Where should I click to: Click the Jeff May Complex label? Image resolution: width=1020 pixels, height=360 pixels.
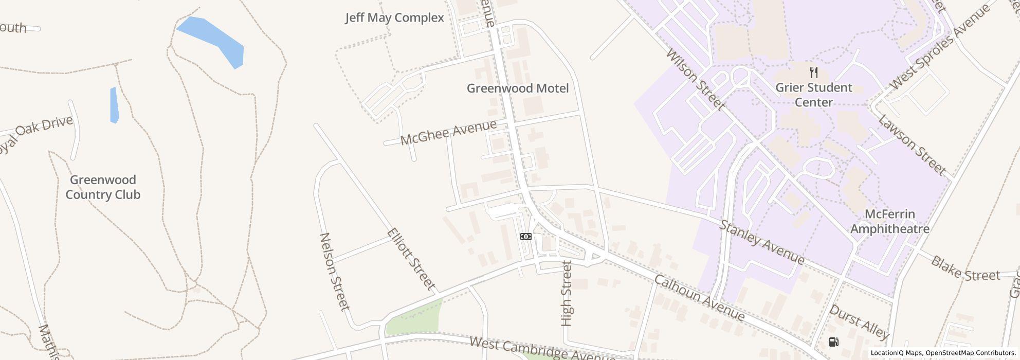[x=394, y=18]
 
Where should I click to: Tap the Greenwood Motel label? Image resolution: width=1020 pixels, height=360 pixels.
[x=517, y=88]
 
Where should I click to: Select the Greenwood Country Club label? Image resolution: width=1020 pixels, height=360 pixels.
[x=103, y=187]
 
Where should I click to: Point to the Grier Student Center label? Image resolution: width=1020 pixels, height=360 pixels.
[x=813, y=95]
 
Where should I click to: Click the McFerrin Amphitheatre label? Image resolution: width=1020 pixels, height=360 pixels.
[x=889, y=221]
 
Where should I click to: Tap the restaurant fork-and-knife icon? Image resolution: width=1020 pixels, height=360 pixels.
[x=813, y=72]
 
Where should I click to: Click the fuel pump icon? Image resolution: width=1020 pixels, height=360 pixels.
[x=833, y=342]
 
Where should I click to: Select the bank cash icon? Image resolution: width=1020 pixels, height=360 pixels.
[x=525, y=237]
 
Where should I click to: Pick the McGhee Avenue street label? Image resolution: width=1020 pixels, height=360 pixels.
[x=448, y=132]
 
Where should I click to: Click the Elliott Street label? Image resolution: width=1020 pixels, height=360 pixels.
[x=411, y=259]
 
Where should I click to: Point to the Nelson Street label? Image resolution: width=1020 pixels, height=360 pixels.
[x=335, y=272]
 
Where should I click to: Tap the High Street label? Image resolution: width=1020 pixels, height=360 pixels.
[x=567, y=293]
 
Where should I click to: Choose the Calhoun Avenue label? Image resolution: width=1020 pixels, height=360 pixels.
[x=699, y=298]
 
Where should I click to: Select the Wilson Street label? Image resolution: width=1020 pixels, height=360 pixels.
[x=695, y=80]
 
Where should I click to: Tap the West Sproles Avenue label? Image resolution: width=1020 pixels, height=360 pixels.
[x=939, y=47]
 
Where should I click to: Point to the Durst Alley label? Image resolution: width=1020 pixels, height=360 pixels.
[x=859, y=322]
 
